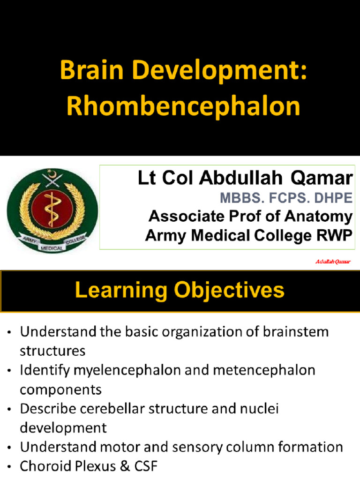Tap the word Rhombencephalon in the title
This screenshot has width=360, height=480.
click(x=183, y=106)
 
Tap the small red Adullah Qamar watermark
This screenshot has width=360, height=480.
click(x=332, y=262)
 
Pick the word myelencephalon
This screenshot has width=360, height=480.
click(x=121, y=370)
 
